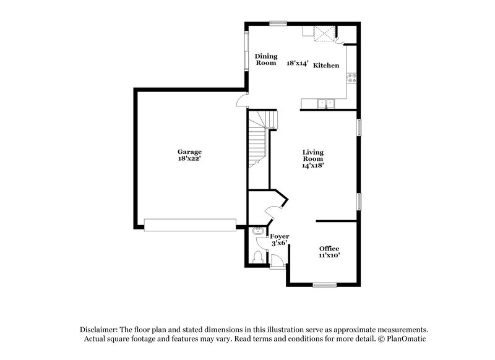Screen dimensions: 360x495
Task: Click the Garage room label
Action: pyautogui.click(x=189, y=152)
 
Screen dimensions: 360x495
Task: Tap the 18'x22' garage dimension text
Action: pyautogui.click(x=189, y=159)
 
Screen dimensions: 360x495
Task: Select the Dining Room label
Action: pyautogui.click(x=266, y=59)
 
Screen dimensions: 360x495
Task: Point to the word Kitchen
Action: pyautogui.click(x=326, y=66)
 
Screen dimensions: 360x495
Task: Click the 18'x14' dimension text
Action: pyautogui.click(x=297, y=62)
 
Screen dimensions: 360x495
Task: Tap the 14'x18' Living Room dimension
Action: pyautogui.click(x=314, y=165)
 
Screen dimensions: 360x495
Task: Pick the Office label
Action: pyautogui.click(x=329, y=248)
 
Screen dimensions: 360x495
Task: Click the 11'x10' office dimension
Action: pyautogui.click(x=329, y=255)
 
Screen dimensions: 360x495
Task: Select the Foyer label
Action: pyautogui.click(x=280, y=236)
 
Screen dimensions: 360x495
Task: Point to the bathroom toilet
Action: pyautogui.click(x=258, y=257)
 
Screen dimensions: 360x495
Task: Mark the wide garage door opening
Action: pyautogui.click(x=190, y=224)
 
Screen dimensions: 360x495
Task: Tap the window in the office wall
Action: pyautogui.click(x=324, y=285)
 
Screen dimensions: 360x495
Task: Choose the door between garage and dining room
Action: pyautogui.click(x=243, y=101)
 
